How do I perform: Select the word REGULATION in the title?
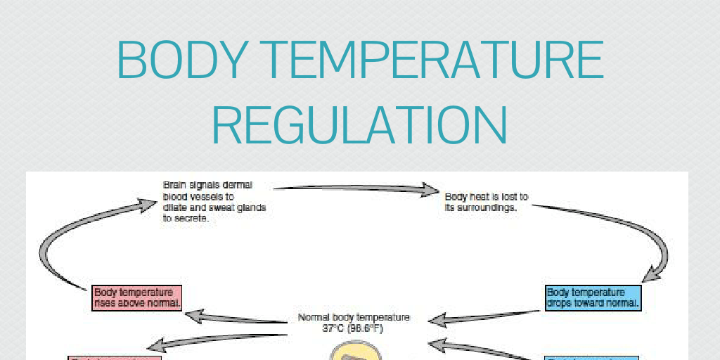pos(359,126)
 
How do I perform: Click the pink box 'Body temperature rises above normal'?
pos(138,298)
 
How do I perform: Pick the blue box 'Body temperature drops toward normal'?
pos(593,297)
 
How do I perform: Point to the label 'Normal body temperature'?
pos(354,317)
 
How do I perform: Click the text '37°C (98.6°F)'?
pos(353,328)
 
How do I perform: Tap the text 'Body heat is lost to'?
pos(487,197)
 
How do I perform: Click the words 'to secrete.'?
pos(186,219)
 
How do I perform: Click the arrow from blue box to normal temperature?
pos(485,316)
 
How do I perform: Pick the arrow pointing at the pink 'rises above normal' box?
pos(239,317)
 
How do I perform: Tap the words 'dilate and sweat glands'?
pos(214,207)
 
